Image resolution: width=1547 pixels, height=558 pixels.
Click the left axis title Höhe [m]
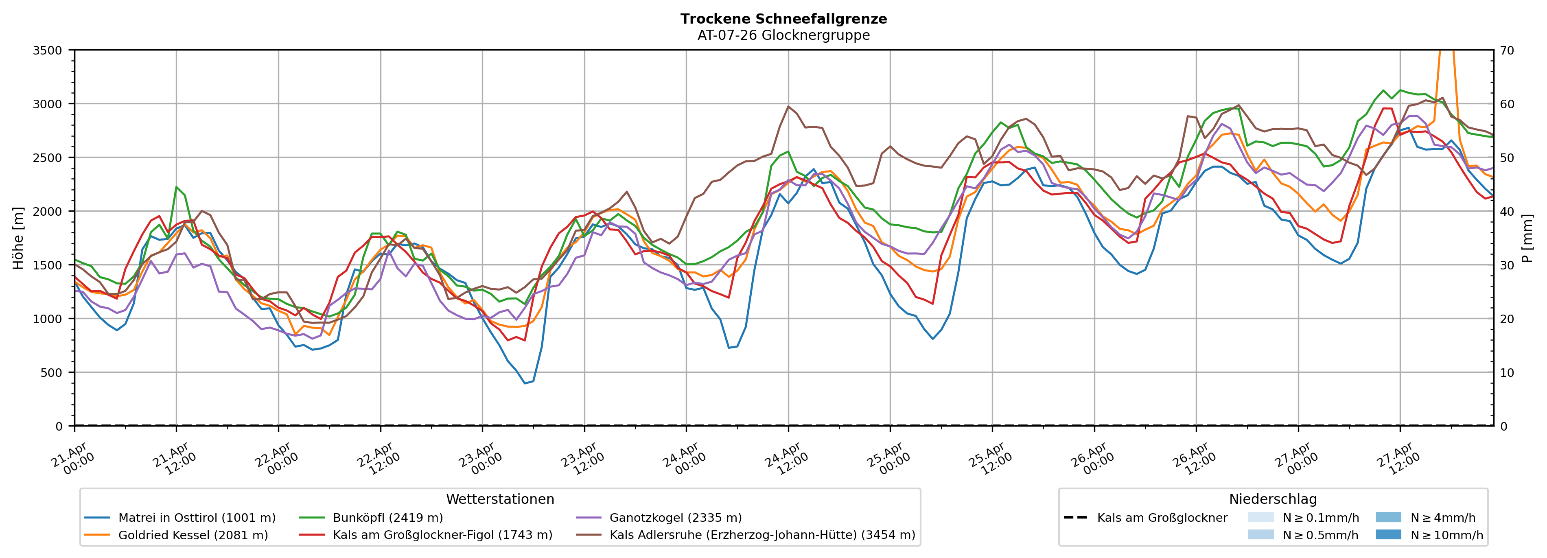(x=18, y=239)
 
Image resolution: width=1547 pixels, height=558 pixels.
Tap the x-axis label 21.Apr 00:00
(x=73, y=460)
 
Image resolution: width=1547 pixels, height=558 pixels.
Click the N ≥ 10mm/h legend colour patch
(x=1388, y=534)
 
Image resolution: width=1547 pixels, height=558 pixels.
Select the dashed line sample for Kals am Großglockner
(x=1075, y=518)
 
